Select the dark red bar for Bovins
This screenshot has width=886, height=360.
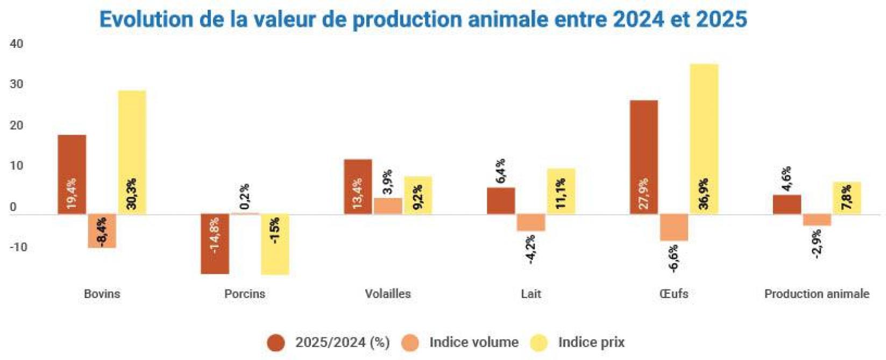72,174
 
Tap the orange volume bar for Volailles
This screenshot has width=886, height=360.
387,206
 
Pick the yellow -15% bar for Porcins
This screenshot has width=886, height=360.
275,244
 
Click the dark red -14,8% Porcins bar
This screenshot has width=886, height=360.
215,244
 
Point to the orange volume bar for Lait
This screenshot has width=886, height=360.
530,223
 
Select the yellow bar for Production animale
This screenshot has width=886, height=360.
847,198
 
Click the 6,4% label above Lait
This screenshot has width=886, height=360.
500,171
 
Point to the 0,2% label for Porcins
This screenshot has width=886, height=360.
244,196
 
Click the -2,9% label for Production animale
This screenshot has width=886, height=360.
817,244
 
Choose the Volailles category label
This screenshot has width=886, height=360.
387,294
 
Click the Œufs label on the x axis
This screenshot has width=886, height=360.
673,294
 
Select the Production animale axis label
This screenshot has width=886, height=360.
816,294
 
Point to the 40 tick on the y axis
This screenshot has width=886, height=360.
17,44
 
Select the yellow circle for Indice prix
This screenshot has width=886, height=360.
539,343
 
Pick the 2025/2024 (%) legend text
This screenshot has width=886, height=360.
342,342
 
